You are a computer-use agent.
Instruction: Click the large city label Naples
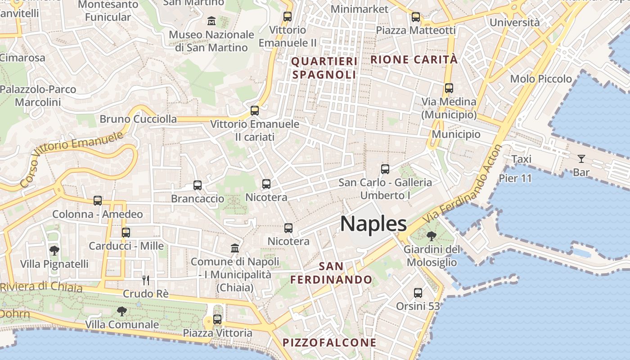373,224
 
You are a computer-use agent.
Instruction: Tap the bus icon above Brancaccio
197,185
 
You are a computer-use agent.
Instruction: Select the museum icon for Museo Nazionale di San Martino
211,21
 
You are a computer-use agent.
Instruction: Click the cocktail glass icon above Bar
581,159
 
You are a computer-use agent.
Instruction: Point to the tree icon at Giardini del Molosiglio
432,236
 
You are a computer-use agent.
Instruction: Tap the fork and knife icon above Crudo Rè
145,280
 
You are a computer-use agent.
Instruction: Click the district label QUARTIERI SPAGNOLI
324,68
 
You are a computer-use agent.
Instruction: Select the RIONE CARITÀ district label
414,59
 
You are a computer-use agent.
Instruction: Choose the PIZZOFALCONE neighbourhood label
329,342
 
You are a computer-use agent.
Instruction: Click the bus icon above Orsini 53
418,293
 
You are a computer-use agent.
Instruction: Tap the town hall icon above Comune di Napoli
235,248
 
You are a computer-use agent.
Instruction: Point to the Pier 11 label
515,178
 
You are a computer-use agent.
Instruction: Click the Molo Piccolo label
541,79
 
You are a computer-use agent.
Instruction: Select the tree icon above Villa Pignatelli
54,250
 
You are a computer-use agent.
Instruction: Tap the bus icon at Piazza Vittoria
217,319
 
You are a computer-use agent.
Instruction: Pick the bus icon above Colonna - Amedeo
98,201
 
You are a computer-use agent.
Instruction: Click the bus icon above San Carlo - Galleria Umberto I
385,169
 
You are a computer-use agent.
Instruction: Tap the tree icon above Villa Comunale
121,311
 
